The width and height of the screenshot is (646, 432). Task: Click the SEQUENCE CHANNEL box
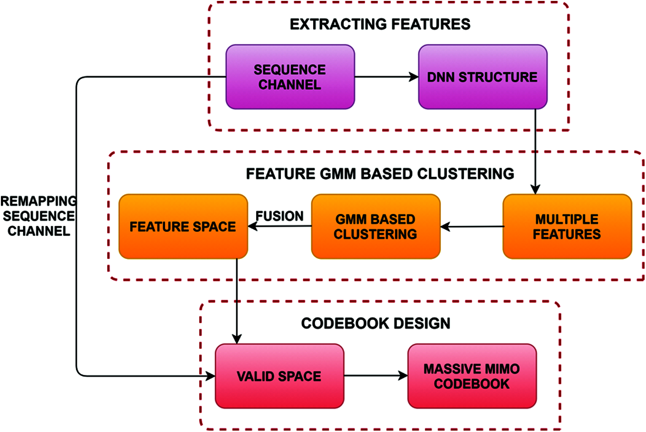pyautogui.click(x=290, y=77)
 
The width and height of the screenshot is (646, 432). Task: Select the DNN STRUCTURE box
pyautogui.click(x=482, y=77)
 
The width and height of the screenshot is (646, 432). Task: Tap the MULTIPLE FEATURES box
pyautogui.click(x=567, y=227)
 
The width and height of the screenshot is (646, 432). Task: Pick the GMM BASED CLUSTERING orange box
pyautogui.click(x=376, y=227)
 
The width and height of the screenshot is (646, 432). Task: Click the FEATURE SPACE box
pyautogui.click(x=183, y=227)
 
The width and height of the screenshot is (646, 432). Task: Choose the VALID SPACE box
pyautogui.click(x=279, y=376)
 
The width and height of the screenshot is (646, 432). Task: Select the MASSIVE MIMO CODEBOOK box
pyautogui.click(x=472, y=376)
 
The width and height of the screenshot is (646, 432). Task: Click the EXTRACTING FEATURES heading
pyautogui.click(x=380, y=24)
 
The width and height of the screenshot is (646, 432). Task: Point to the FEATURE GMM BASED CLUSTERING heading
pyautogui.click(x=380, y=174)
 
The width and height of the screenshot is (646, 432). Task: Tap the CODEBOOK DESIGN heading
pyautogui.click(x=376, y=324)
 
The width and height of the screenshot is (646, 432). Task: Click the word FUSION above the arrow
pyautogui.click(x=280, y=216)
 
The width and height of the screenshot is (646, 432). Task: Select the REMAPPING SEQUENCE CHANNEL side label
pyautogui.click(x=39, y=216)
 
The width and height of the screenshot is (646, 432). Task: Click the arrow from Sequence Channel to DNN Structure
pyautogui.click(x=386, y=77)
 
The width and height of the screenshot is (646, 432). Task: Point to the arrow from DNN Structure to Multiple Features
pyautogui.click(x=535, y=151)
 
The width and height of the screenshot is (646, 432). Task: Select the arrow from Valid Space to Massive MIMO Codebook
pyautogui.click(x=376, y=376)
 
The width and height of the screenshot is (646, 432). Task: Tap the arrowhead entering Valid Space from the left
pyautogui.click(x=211, y=376)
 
